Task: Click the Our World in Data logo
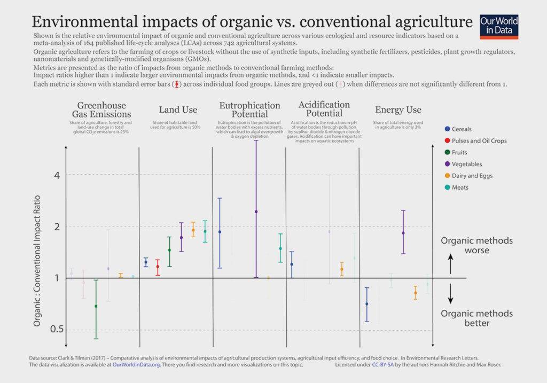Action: click(499, 26)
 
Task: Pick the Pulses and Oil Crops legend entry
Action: click(475, 140)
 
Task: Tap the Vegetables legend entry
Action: click(466, 164)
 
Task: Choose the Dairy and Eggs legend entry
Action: click(472, 176)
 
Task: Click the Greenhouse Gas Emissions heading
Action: click(101, 110)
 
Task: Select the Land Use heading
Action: click(178, 110)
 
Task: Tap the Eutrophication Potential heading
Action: click(250, 110)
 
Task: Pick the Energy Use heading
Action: click(398, 110)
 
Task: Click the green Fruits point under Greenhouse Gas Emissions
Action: click(96, 306)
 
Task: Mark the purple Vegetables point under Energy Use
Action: click(403, 233)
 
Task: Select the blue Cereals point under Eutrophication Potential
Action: click(220, 232)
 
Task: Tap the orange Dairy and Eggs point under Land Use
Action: click(193, 230)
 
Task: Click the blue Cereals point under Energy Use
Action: click(366, 304)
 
